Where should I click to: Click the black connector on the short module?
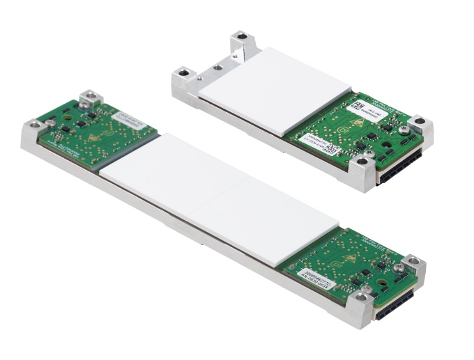pyautogui.click(x=401, y=165)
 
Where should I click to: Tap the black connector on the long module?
pyautogui.click(x=395, y=304)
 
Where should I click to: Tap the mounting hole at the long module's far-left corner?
pyautogui.click(x=33, y=126)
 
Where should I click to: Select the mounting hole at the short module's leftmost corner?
pyautogui.click(x=184, y=71)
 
